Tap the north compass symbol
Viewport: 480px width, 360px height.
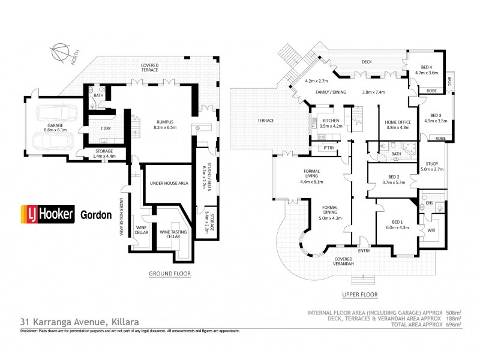coord(60,52)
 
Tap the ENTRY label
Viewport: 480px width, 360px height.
coord(364,251)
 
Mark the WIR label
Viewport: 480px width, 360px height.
coord(431,230)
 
